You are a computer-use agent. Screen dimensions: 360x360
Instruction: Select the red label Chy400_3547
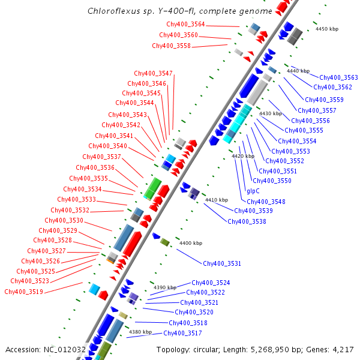(153, 74)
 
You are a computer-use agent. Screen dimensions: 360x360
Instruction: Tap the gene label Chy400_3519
(23, 292)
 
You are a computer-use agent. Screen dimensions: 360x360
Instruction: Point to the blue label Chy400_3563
(338, 77)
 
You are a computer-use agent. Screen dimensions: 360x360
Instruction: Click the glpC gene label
(253, 191)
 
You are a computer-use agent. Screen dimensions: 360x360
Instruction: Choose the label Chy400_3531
(222, 264)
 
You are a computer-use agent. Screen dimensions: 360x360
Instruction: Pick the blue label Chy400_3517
(182, 334)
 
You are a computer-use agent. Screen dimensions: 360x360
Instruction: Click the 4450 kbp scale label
(327, 29)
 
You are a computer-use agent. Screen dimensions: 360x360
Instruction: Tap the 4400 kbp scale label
(191, 243)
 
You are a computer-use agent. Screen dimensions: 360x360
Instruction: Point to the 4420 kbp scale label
(243, 156)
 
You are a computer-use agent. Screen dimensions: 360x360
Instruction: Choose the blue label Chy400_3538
(247, 222)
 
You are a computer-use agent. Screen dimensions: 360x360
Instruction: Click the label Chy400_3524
(211, 283)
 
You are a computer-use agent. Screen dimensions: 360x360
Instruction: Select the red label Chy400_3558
(171, 46)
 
